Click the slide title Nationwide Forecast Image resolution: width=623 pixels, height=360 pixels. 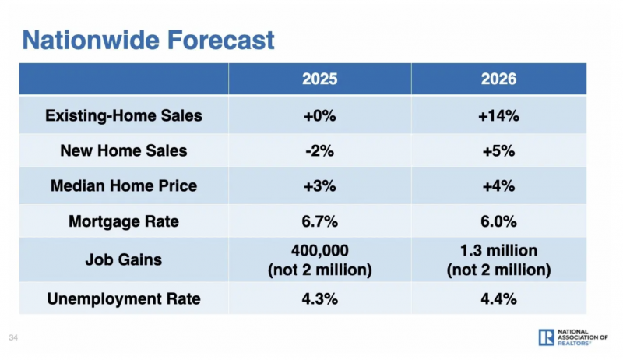pyautogui.click(x=148, y=39)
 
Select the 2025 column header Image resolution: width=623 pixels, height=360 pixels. pyautogui.click(x=320, y=79)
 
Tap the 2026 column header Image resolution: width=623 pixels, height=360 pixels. pyautogui.click(x=498, y=79)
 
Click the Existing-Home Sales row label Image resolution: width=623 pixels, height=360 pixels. pyautogui.click(x=124, y=116)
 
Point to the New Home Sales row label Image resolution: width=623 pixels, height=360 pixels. pyautogui.click(x=124, y=151)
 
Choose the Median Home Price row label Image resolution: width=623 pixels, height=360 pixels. pyautogui.click(x=124, y=186)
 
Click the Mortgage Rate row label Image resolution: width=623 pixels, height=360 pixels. pyautogui.click(x=124, y=221)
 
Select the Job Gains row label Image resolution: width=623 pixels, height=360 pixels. pyautogui.click(x=124, y=259)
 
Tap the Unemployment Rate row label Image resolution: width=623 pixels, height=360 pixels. pyautogui.click(x=124, y=298)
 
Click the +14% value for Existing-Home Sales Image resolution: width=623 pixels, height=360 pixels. pyautogui.click(x=498, y=116)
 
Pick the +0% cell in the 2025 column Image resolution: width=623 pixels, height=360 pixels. pyautogui.click(x=320, y=116)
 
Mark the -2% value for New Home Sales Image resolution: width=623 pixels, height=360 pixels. pyautogui.click(x=320, y=151)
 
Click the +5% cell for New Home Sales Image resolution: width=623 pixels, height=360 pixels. pyautogui.click(x=498, y=151)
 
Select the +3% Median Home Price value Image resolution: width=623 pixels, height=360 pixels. pyautogui.click(x=320, y=186)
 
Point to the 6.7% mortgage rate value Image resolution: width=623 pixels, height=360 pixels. pyautogui.click(x=320, y=221)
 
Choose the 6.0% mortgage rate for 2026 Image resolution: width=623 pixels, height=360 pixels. pyautogui.click(x=498, y=221)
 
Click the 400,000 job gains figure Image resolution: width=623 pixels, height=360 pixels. pyautogui.click(x=320, y=252)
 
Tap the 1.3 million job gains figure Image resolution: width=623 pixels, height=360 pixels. pyautogui.click(x=498, y=252)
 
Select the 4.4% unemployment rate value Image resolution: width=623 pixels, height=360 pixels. pyautogui.click(x=498, y=298)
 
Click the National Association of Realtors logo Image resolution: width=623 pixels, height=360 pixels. pyautogui.click(x=572, y=337)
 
